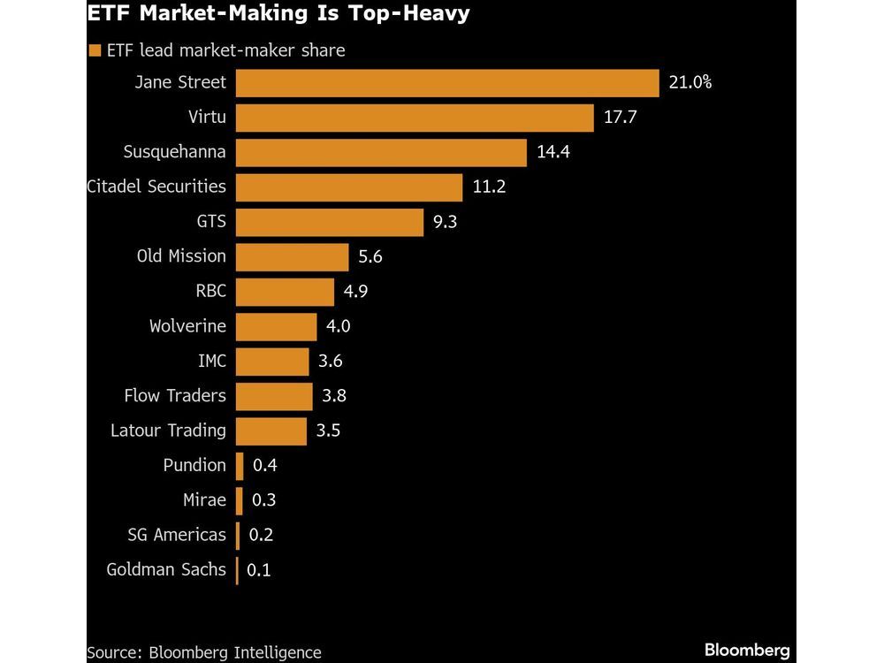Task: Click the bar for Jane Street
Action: (447, 83)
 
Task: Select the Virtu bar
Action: (415, 118)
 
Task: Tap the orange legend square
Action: (95, 51)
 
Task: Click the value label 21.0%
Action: (690, 83)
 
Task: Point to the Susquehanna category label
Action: (174, 152)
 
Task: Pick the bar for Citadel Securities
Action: (349, 187)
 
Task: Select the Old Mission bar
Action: (293, 257)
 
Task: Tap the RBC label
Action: (210, 292)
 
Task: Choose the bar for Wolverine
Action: (277, 326)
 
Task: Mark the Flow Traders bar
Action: (275, 396)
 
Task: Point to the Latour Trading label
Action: (168, 431)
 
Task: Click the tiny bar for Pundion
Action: (240, 466)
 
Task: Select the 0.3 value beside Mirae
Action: (263, 500)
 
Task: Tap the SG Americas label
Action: (177, 535)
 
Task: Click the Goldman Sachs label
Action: (166, 570)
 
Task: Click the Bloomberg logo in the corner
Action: (747, 651)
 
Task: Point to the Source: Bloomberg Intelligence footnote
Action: (203, 652)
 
